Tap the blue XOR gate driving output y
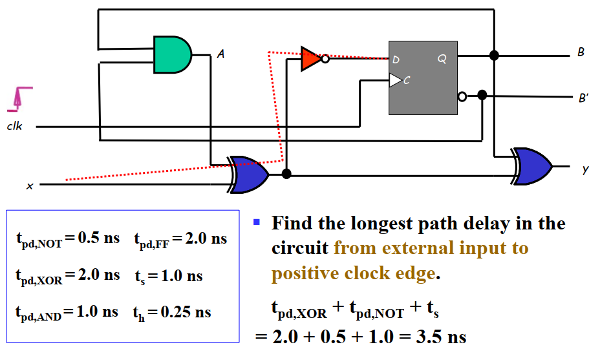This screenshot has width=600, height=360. [533, 166]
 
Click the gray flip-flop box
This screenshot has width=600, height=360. [423, 78]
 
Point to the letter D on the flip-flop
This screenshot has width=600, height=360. [396, 60]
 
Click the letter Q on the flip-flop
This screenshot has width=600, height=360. [442, 59]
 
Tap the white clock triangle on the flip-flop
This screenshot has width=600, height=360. [395, 80]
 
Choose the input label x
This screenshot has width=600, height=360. [29, 186]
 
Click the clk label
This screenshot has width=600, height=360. [14, 127]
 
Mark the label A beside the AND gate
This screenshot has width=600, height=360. [220, 55]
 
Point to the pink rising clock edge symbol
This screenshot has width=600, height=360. [20, 98]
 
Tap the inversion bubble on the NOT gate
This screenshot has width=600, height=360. [325, 58]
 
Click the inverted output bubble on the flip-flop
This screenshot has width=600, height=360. [462, 97]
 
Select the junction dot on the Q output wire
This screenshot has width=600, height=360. [495, 56]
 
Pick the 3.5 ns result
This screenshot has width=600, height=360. [440, 337]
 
